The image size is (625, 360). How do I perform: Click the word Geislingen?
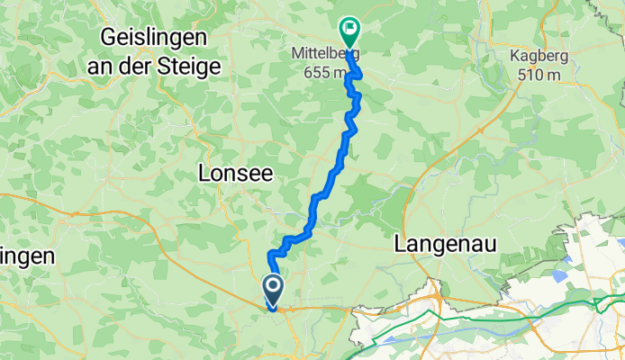pos(156,39)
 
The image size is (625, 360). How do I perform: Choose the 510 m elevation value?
pos(539,75)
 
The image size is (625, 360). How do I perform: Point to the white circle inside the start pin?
pos(273,287)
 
